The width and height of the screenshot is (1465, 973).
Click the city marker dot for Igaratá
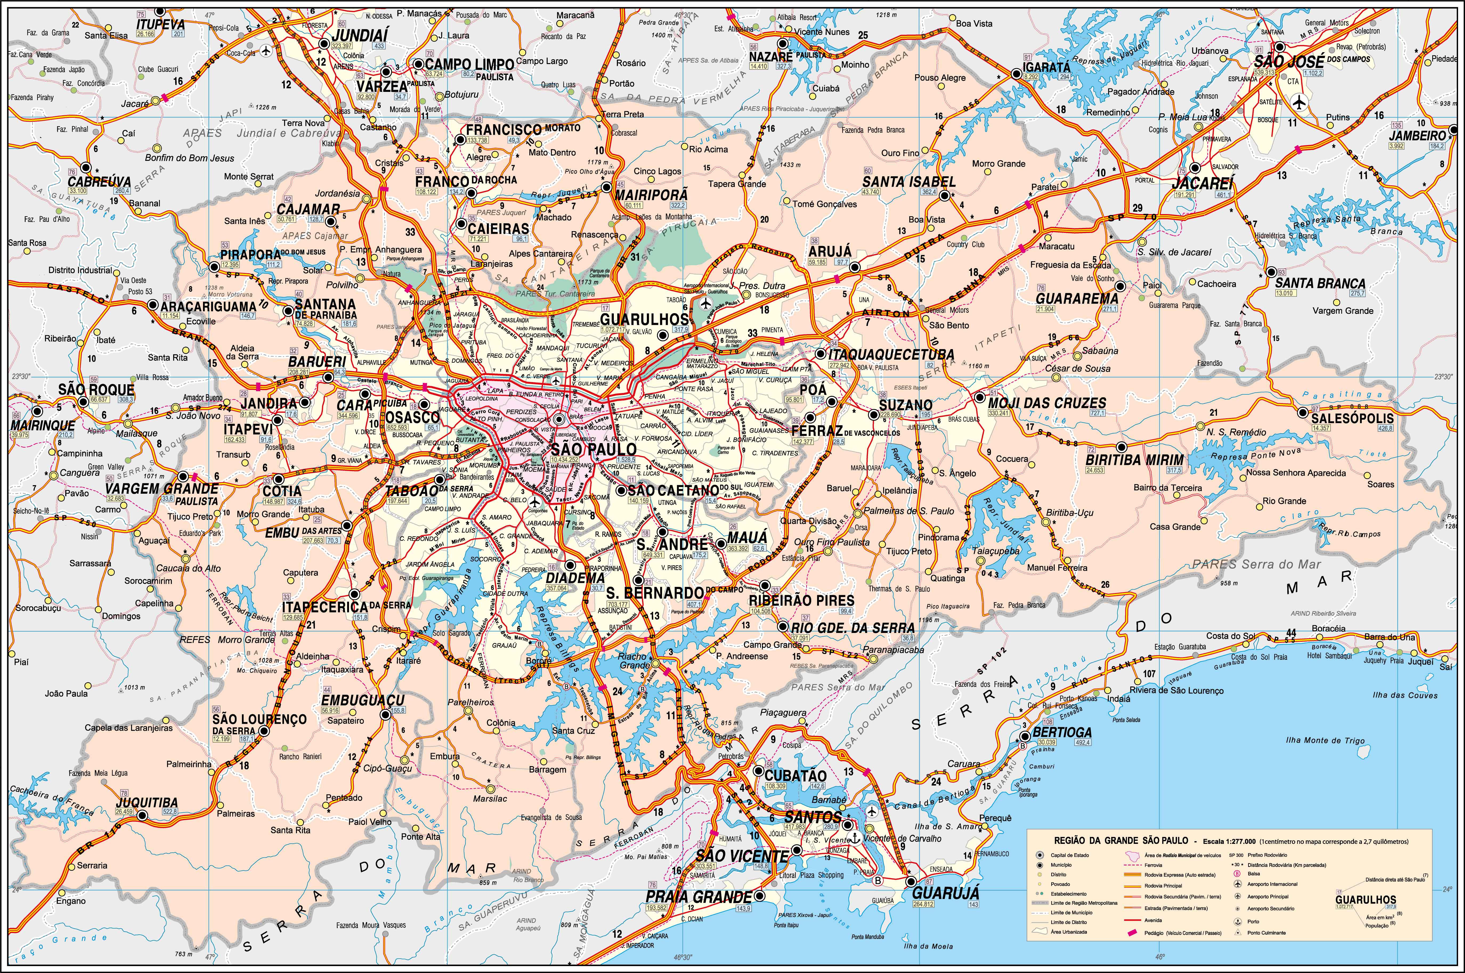tap(1016, 73)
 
